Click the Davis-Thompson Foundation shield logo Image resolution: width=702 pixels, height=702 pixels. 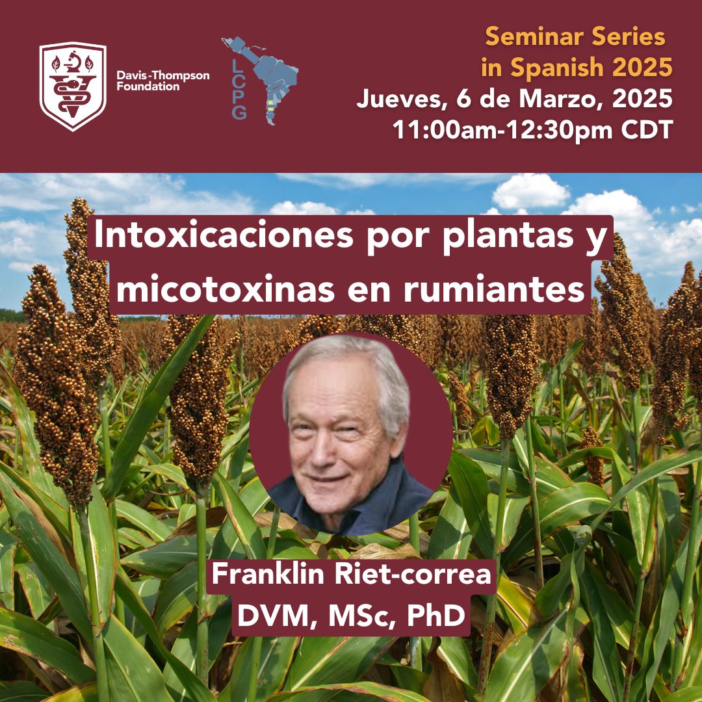pyautogui.click(x=73, y=86)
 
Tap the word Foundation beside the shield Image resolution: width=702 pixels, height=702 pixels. pyautogui.click(x=148, y=86)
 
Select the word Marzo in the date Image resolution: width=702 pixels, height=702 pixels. pyautogui.click(x=559, y=98)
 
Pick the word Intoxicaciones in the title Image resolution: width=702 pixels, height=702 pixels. pyautogui.click(x=224, y=235)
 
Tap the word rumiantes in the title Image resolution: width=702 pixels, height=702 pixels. pyautogui.click(x=495, y=290)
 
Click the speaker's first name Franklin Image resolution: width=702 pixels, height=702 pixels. pyautogui.click(x=268, y=573)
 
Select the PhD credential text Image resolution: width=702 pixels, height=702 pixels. pyautogui.click(x=436, y=616)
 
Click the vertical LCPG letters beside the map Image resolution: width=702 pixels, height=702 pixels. pyautogui.click(x=239, y=90)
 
